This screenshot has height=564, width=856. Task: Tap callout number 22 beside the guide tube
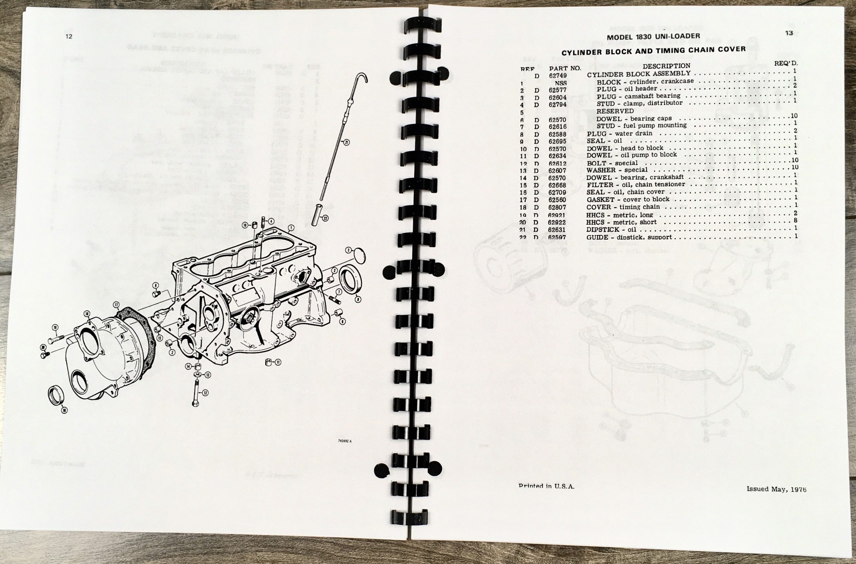pyautogui.click(x=325, y=218)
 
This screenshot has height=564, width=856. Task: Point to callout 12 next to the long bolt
pyautogui.click(x=205, y=393)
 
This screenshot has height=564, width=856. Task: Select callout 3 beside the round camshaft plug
pyautogui.click(x=348, y=250)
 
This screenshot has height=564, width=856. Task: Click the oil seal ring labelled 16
pyautogui.click(x=57, y=395)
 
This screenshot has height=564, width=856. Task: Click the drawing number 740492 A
pyautogui.click(x=344, y=451)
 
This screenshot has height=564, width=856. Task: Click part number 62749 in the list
pyautogui.click(x=558, y=75)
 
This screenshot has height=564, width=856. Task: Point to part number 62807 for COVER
pyautogui.click(x=557, y=207)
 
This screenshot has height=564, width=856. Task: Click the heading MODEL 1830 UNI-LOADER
pyautogui.click(x=653, y=37)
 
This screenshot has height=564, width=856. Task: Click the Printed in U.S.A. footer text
pyautogui.click(x=546, y=486)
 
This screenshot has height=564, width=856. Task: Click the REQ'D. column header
pyautogui.click(x=786, y=63)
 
